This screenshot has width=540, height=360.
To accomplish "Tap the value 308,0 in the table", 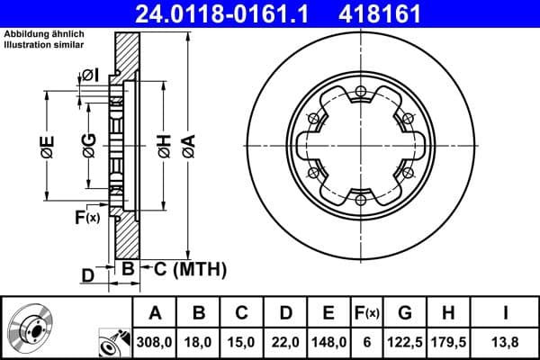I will (x=155, y=341).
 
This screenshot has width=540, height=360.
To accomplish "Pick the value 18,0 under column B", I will (x=200, y=341).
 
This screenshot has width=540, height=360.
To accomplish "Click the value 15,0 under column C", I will (x=242, y=341).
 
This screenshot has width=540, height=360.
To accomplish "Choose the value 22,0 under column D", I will (x=285, y=341).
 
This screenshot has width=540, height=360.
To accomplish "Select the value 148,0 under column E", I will (x=328, y=341).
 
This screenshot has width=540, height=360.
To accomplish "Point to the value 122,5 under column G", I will (x=405, y=341).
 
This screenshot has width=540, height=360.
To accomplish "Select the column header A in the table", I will (x=155, y=313).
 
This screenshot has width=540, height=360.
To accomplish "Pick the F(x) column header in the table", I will (x=366, y=313).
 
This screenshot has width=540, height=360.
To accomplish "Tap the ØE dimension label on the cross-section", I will (x=48, y=147).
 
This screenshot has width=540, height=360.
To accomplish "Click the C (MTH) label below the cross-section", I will (x=184, y=269).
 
